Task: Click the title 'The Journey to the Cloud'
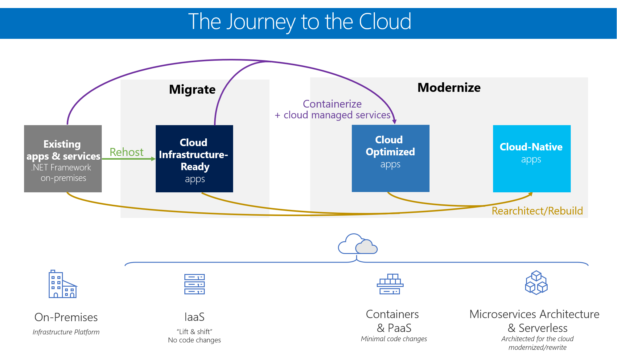(x=299, y=22)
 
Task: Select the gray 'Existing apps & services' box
(x=63, y=159)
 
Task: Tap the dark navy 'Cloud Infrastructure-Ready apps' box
(x=194, y=159)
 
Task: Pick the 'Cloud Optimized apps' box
(x=390, y=158)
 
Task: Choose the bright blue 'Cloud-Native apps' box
(x=532, y=159)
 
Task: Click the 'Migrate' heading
(x=192, y=89)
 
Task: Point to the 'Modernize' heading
(x=449, y=88)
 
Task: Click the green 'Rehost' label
(x=126, y=152)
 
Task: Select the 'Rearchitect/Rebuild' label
(x=537, y=211)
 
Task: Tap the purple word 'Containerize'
(x=332, y=104)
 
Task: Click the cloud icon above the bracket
(x=358, y=244)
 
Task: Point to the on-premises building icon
(x=63, y=284)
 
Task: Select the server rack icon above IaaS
(x=194, y=284)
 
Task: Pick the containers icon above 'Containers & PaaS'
(x=390, y=284)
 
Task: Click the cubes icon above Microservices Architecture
(x=536, y=283)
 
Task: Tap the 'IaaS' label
(x=194, y=317)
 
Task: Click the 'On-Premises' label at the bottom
(x=66, y=317)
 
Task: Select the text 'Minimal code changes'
(x=394, y=339)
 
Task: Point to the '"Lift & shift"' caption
(x=194, y=332)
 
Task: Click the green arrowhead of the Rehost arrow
(x=153, y=159)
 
